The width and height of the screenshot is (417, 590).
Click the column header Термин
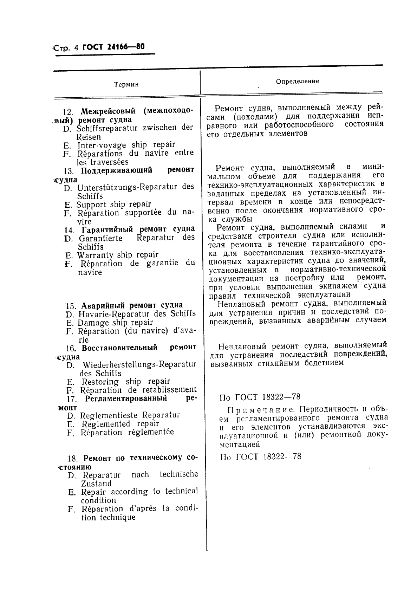tap(126, 84)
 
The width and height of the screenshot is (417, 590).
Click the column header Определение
tap(297, 81)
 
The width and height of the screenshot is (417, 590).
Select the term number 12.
tap(68, 112)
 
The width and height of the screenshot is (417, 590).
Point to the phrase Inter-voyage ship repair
tap(126, 145)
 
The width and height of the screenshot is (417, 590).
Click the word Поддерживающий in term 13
tap(117, 170)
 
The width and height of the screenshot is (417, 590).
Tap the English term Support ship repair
tap(114, 204)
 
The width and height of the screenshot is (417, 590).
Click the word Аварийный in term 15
tap(104, 305)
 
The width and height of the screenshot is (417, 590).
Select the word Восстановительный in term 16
tap(119, 348)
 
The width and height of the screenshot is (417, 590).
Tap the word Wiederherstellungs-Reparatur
tap(139, 364)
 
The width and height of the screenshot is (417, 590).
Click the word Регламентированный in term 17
tap(126, 399)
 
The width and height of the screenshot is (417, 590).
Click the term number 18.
tap(72, 459)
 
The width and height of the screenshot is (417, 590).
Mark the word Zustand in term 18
tap(96, 484)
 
